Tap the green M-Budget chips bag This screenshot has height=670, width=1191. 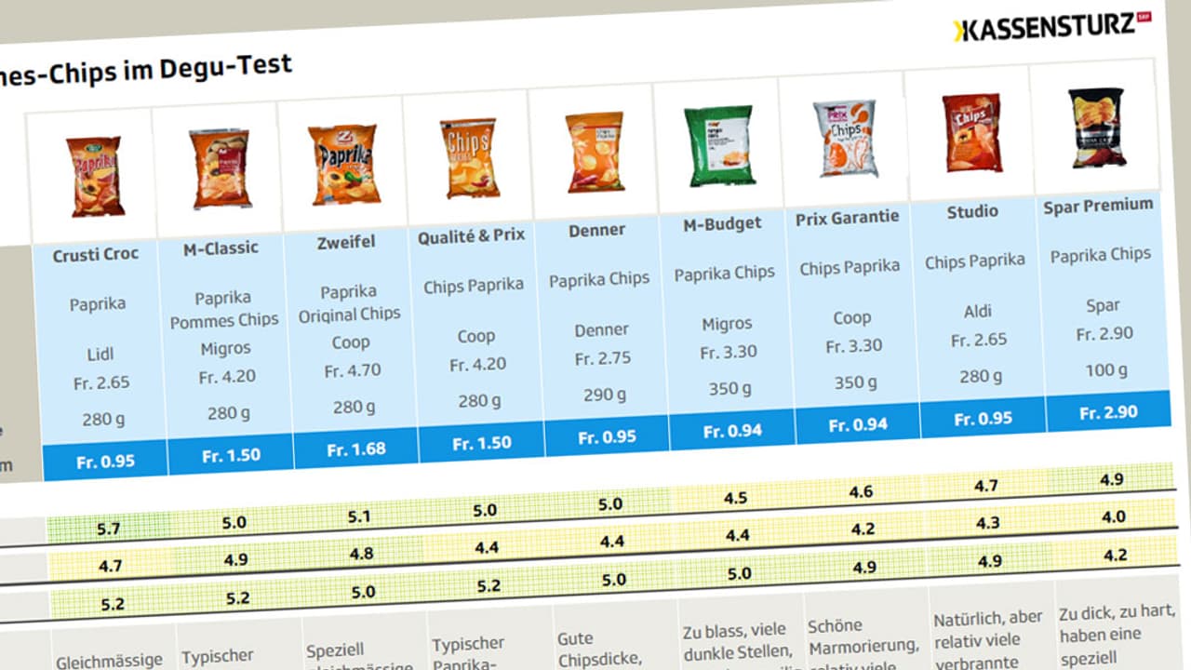click(718, 145)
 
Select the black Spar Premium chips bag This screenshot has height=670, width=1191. click(1096, 128)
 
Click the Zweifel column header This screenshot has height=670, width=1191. click(344, 242)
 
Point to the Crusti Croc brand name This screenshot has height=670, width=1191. click(95, 254)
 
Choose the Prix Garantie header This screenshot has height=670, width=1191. click(847, 218)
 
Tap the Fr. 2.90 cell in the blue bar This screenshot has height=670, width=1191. click(1108, 412)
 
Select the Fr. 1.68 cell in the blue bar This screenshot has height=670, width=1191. click(355, 449)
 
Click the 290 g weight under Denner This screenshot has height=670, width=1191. click(604, 395)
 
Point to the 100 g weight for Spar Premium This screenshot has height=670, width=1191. click(1105, 370)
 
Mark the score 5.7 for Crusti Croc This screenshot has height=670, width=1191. click(108, 529)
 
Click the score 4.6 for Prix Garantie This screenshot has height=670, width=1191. click(861, 492)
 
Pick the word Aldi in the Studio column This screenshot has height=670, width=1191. click(977, 312)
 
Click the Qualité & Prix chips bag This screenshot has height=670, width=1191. click(469, 156)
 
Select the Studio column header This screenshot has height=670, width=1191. click(972, 212)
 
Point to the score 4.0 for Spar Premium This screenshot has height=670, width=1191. click(1113, 516)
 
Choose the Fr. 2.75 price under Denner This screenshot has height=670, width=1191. click(602, 359)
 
